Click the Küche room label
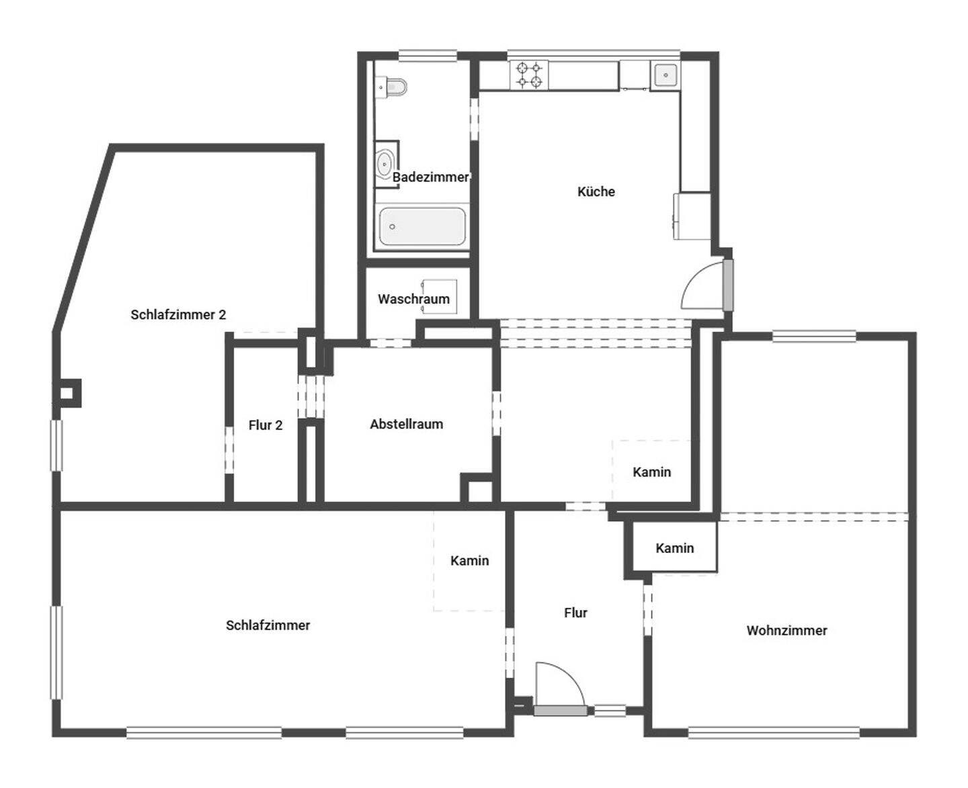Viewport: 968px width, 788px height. [596, 191]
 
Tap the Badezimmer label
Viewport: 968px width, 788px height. [430, 177]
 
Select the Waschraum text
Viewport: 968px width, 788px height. [413, 299]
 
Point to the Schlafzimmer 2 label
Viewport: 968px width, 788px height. [178, 314]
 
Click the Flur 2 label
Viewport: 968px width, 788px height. [266, 425]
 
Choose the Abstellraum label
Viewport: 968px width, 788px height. [406, 424]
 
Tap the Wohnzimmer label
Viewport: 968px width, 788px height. [787, 630]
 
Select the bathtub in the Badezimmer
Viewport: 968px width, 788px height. [422, 226]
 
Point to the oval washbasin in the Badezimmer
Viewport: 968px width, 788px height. [385, 165]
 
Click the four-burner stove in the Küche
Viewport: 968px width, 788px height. [530, 75]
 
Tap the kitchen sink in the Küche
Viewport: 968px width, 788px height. [665, 75]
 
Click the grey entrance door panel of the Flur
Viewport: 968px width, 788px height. [561, 711]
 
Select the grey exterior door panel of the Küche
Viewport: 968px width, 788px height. [728, 286]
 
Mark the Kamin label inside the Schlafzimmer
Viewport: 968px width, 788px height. [469, 561]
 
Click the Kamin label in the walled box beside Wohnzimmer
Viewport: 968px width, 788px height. [674, 548]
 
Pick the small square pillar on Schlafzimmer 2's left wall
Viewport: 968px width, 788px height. [67, 393]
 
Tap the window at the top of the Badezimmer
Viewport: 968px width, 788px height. [428, 56]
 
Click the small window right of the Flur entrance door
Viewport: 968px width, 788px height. [610, 711]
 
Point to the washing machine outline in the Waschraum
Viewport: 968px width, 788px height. [439, 296]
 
